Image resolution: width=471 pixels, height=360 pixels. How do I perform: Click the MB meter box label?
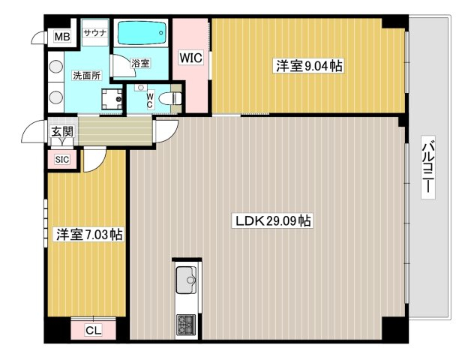point(62,37)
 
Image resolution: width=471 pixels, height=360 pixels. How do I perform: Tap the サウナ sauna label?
point(95,33)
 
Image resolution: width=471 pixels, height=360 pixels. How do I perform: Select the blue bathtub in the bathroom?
point(140,32)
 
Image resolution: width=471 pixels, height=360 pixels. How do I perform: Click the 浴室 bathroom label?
point(140,64)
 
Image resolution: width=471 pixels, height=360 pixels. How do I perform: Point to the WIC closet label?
point(190,58)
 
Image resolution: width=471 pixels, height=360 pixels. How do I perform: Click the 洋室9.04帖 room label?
point(309,65)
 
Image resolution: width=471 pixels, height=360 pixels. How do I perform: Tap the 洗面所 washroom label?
point(87,76)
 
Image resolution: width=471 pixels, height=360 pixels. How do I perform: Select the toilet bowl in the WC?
point(169,98)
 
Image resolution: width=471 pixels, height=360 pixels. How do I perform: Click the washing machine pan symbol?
point(112,99)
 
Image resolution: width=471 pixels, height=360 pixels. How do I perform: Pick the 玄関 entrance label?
point(62,131)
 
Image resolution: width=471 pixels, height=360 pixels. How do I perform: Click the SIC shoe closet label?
point(62,159)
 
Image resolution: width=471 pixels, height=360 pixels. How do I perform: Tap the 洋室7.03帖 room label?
point(89,234)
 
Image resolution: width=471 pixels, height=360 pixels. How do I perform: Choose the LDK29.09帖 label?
point(273,220)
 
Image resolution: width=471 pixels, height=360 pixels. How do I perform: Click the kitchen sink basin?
point(186,280)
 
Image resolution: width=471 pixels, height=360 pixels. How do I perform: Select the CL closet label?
point(94,330)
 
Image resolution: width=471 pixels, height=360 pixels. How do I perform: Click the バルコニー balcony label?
point(427,167)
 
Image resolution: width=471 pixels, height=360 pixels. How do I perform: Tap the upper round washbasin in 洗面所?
point(55,66)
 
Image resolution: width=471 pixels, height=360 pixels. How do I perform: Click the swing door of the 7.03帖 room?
point(94,160)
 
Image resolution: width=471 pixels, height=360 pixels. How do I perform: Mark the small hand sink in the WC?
point(140,88)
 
